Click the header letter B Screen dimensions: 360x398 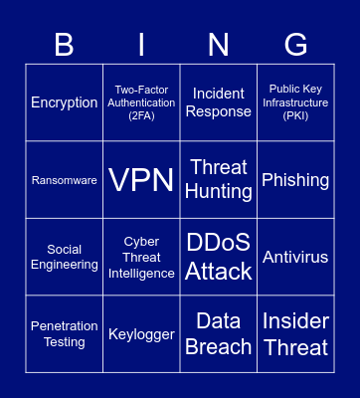tap(65, 45)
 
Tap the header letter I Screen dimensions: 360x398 tap(141, 45)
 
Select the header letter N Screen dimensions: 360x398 tap(219, 45)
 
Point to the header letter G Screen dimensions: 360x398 tap(295, 45)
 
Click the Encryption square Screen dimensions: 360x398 tap(65, 102)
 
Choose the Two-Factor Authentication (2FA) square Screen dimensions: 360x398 tap(141, 102)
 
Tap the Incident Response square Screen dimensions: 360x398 tap(219, 102)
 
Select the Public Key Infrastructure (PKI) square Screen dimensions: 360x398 tap(295, 102)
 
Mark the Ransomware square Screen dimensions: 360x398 tap(65, 180)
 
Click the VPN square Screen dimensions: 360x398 tap(141, 180)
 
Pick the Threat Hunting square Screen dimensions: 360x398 tap(219, 180)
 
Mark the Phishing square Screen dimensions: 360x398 tap(295, 180)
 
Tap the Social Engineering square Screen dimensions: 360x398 tap(65, 257)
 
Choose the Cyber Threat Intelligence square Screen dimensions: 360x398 tap(141, 257)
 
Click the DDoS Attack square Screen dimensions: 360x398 tap(219, 257)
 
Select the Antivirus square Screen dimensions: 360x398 tap(295, 257)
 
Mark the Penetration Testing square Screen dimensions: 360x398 tap(65, 334)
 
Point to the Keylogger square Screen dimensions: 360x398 tap(141, 334)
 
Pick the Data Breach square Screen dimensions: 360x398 tap(219, 334)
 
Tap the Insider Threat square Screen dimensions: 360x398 tap(295, 334)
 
